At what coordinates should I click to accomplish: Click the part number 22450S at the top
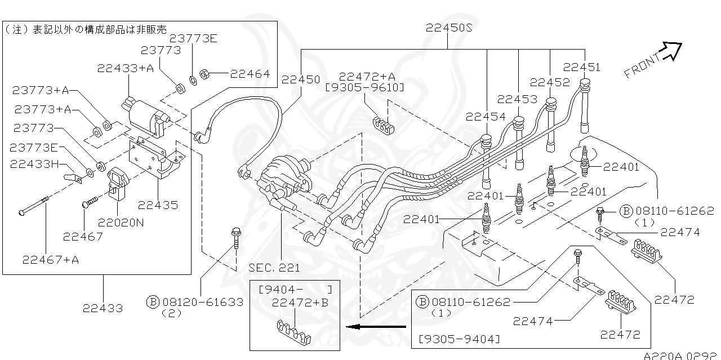tap(449, 28)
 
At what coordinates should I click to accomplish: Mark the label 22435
tap(158, 205)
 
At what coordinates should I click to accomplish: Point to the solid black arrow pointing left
tap(376, 326)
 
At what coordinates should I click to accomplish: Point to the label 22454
tap(485, 117)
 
